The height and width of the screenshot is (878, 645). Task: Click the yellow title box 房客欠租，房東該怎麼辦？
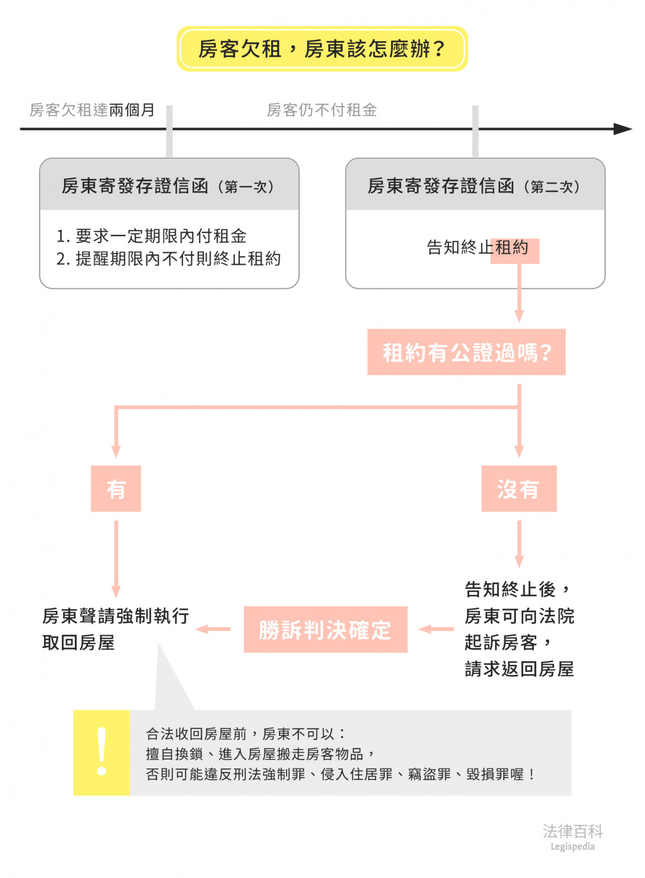pyautogui.click(x=322, y=49)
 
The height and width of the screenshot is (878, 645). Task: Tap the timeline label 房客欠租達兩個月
pyautogui.click(x=92, y=110)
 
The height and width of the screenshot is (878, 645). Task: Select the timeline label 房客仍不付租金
pyautogui.click(x=321, y=110)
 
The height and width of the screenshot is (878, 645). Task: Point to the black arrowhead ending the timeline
pyautogui.click(x=623, y=129)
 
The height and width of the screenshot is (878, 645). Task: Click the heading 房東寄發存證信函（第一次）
pyautogui.click(x=169, y=186)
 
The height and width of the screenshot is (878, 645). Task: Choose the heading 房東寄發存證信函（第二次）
pyautogui.click(x=475, y=186)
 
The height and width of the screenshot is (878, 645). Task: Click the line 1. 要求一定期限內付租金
pyautogui.click(x=152, y=236)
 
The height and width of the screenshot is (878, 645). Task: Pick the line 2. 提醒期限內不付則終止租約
pyautogui.click(x=169, y=258)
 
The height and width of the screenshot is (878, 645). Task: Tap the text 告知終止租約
pyautogui.click(x=477, y=247)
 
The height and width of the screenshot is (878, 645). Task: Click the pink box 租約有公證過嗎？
pyautogui.click(x=466, y=352)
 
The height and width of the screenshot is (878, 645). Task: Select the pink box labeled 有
pyautogui.click(x=116, y=489)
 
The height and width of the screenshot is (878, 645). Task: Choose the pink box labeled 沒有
pyautogui.click(x=519, y=489)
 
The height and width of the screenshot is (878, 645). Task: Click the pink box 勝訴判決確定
pyautogui.click(x=325, y=629)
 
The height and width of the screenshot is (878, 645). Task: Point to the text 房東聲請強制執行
pyautogui.click(x=116, y=616)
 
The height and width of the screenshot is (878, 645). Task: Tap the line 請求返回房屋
pyautogui.click(x=519, y=669)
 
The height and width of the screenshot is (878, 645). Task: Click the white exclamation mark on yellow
pyautogui.click(x=101, y=752)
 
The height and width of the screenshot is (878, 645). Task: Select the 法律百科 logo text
pyautogui.click(x=573, y=831)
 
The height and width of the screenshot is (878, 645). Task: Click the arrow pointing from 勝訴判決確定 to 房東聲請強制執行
pyautogui.click(x=213, y=629)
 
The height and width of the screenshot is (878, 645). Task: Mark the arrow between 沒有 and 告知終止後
pyautogui.click(x=519, y=544)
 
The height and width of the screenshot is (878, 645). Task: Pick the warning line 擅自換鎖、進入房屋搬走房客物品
pyautogui.click(x=259, y=754)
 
